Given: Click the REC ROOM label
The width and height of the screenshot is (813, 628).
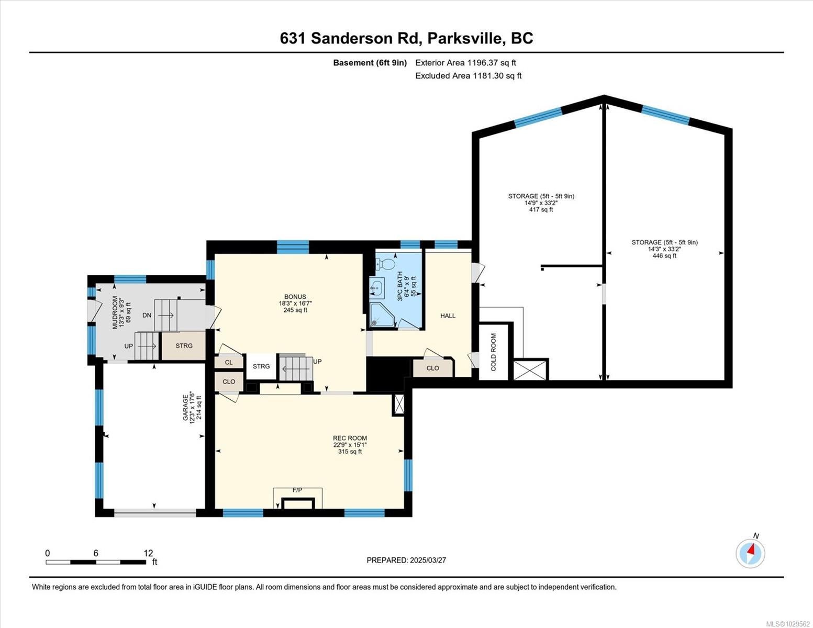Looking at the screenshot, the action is tap(350, 438).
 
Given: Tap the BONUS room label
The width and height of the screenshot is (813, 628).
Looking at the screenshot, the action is tap(295, 297).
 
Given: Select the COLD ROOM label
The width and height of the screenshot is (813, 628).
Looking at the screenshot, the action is tap(494, 352).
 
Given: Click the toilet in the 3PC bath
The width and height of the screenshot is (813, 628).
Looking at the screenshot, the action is tap(385, 263).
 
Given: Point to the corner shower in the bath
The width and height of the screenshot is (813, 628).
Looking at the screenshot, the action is tap(382, 316).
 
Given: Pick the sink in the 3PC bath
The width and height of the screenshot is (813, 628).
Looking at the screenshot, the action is tap(377, 288).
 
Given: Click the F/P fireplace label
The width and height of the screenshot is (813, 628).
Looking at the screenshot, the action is tap(297, 490).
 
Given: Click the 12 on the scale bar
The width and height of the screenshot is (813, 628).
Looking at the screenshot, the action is tap(149, 553).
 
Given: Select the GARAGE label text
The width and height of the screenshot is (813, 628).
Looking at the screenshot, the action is tap(185, 408).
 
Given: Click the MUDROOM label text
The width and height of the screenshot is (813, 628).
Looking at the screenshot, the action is tap(115, 312).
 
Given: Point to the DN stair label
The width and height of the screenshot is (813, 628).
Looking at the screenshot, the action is tap(147, 316).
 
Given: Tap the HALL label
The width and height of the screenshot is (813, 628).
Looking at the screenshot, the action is tap(448, 316).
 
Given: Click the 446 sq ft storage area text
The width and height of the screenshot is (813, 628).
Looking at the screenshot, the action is tap(664, 256).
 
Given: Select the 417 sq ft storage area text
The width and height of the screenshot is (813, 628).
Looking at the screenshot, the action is tap(541, 209).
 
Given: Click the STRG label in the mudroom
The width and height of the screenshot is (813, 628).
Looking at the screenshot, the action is tap(184, 346).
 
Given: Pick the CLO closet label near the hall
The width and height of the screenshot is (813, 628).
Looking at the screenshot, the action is tap(432, 368).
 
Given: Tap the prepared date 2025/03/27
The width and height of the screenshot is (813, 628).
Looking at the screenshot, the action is tap(428, 560).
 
